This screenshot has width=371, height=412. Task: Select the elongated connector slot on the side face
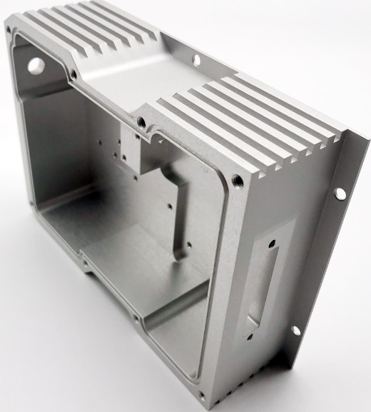[261, 282]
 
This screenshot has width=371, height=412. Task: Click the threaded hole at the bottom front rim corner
[201, 394]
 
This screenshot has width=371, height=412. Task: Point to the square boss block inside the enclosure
[143, 150]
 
